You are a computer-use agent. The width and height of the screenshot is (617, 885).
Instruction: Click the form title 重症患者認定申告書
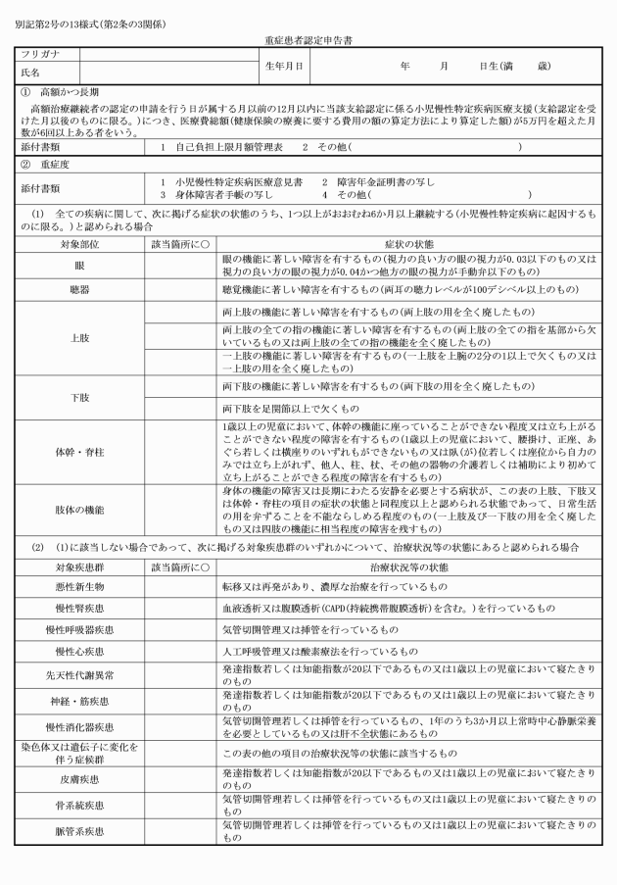308,42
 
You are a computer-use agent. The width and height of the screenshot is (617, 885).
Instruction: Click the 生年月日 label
284,66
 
